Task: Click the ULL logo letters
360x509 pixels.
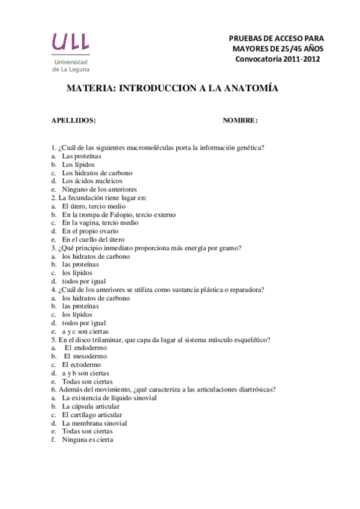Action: pyautogui.click(x=71, y=41)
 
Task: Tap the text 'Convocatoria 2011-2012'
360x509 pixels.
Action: pyautogui.click(x=277, y=59)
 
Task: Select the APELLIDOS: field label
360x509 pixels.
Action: pyautogui.click(x=74, y=121)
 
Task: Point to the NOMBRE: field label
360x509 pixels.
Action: pyautogui.click(x=240, y=121)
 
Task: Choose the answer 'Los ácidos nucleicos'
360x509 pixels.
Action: pyautogui.click(x=92, y=181)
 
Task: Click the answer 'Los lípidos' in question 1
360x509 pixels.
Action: pyautogui.click(x=78, y=164)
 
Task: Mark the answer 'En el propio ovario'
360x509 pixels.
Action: pyautogui.click(x=90, y=231)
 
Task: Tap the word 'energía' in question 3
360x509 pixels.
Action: pyautogui.click(x=193, y=248)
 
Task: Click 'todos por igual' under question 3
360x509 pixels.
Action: pyautogui.click(x=84, y=282)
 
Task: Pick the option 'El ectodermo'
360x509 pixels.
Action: pyautogui.click(x=82, y=364)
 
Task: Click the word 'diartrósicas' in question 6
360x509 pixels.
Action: pyautogui.click(x=257, y=390)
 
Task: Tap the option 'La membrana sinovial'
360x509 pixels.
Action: pyautogui.click(x=94, y=423)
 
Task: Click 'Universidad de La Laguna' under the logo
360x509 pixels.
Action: pyautogui.click(x=71, y=65)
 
